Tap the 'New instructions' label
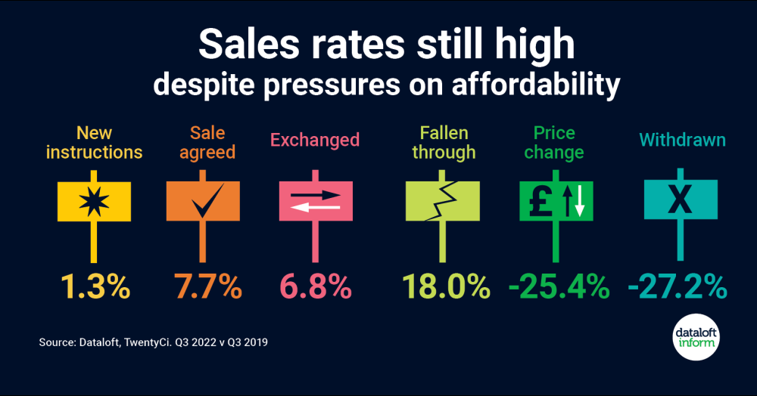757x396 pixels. (x=94, y=143)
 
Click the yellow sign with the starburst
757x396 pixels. (x=94, y=200)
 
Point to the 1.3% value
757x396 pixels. (x=95, y=286)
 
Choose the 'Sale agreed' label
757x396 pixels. (x=202, y=143)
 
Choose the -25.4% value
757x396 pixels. (x=558, y=286)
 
